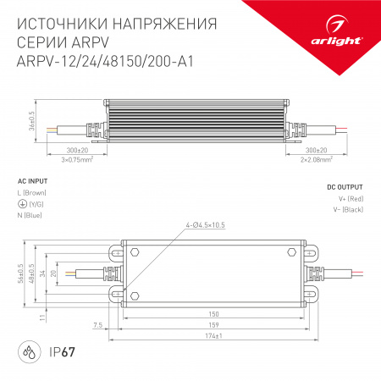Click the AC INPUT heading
point(32,181)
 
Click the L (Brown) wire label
point(36,194)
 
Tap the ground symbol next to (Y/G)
point(21,205)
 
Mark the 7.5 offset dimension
point(99,324)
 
